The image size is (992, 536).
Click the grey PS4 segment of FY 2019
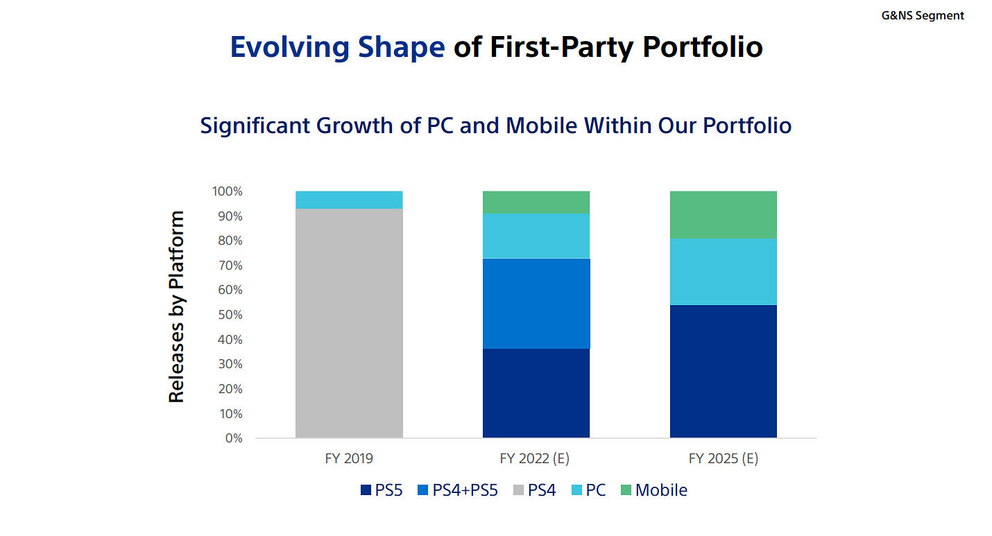click(x=349, y=323)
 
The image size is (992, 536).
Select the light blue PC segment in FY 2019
click(x=349, y=200)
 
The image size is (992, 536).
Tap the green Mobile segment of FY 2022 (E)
click(x=536, y=202)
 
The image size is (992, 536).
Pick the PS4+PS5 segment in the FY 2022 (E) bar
click(x=536, y=303)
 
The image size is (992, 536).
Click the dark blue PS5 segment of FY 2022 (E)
click(x=536, y=392)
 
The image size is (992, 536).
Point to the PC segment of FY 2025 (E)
click(x=724, y=271)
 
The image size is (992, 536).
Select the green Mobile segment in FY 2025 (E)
click(x=724, y=214)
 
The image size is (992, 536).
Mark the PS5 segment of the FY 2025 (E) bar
click(x=724, y=371)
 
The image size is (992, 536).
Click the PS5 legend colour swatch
click(x=366, y=490)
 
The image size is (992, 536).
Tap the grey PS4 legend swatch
click(x=518, y=490)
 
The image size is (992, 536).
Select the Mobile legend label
click(x=661, y=490)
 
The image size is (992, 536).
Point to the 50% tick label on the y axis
click(x=228, y=315)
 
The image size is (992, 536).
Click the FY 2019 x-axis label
click(x=349, y=458)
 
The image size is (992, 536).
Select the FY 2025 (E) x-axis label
click(x=724, y=458)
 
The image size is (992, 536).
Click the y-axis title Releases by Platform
click(x=177, y=306)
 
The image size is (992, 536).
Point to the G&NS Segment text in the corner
click(x=923, y=15)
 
